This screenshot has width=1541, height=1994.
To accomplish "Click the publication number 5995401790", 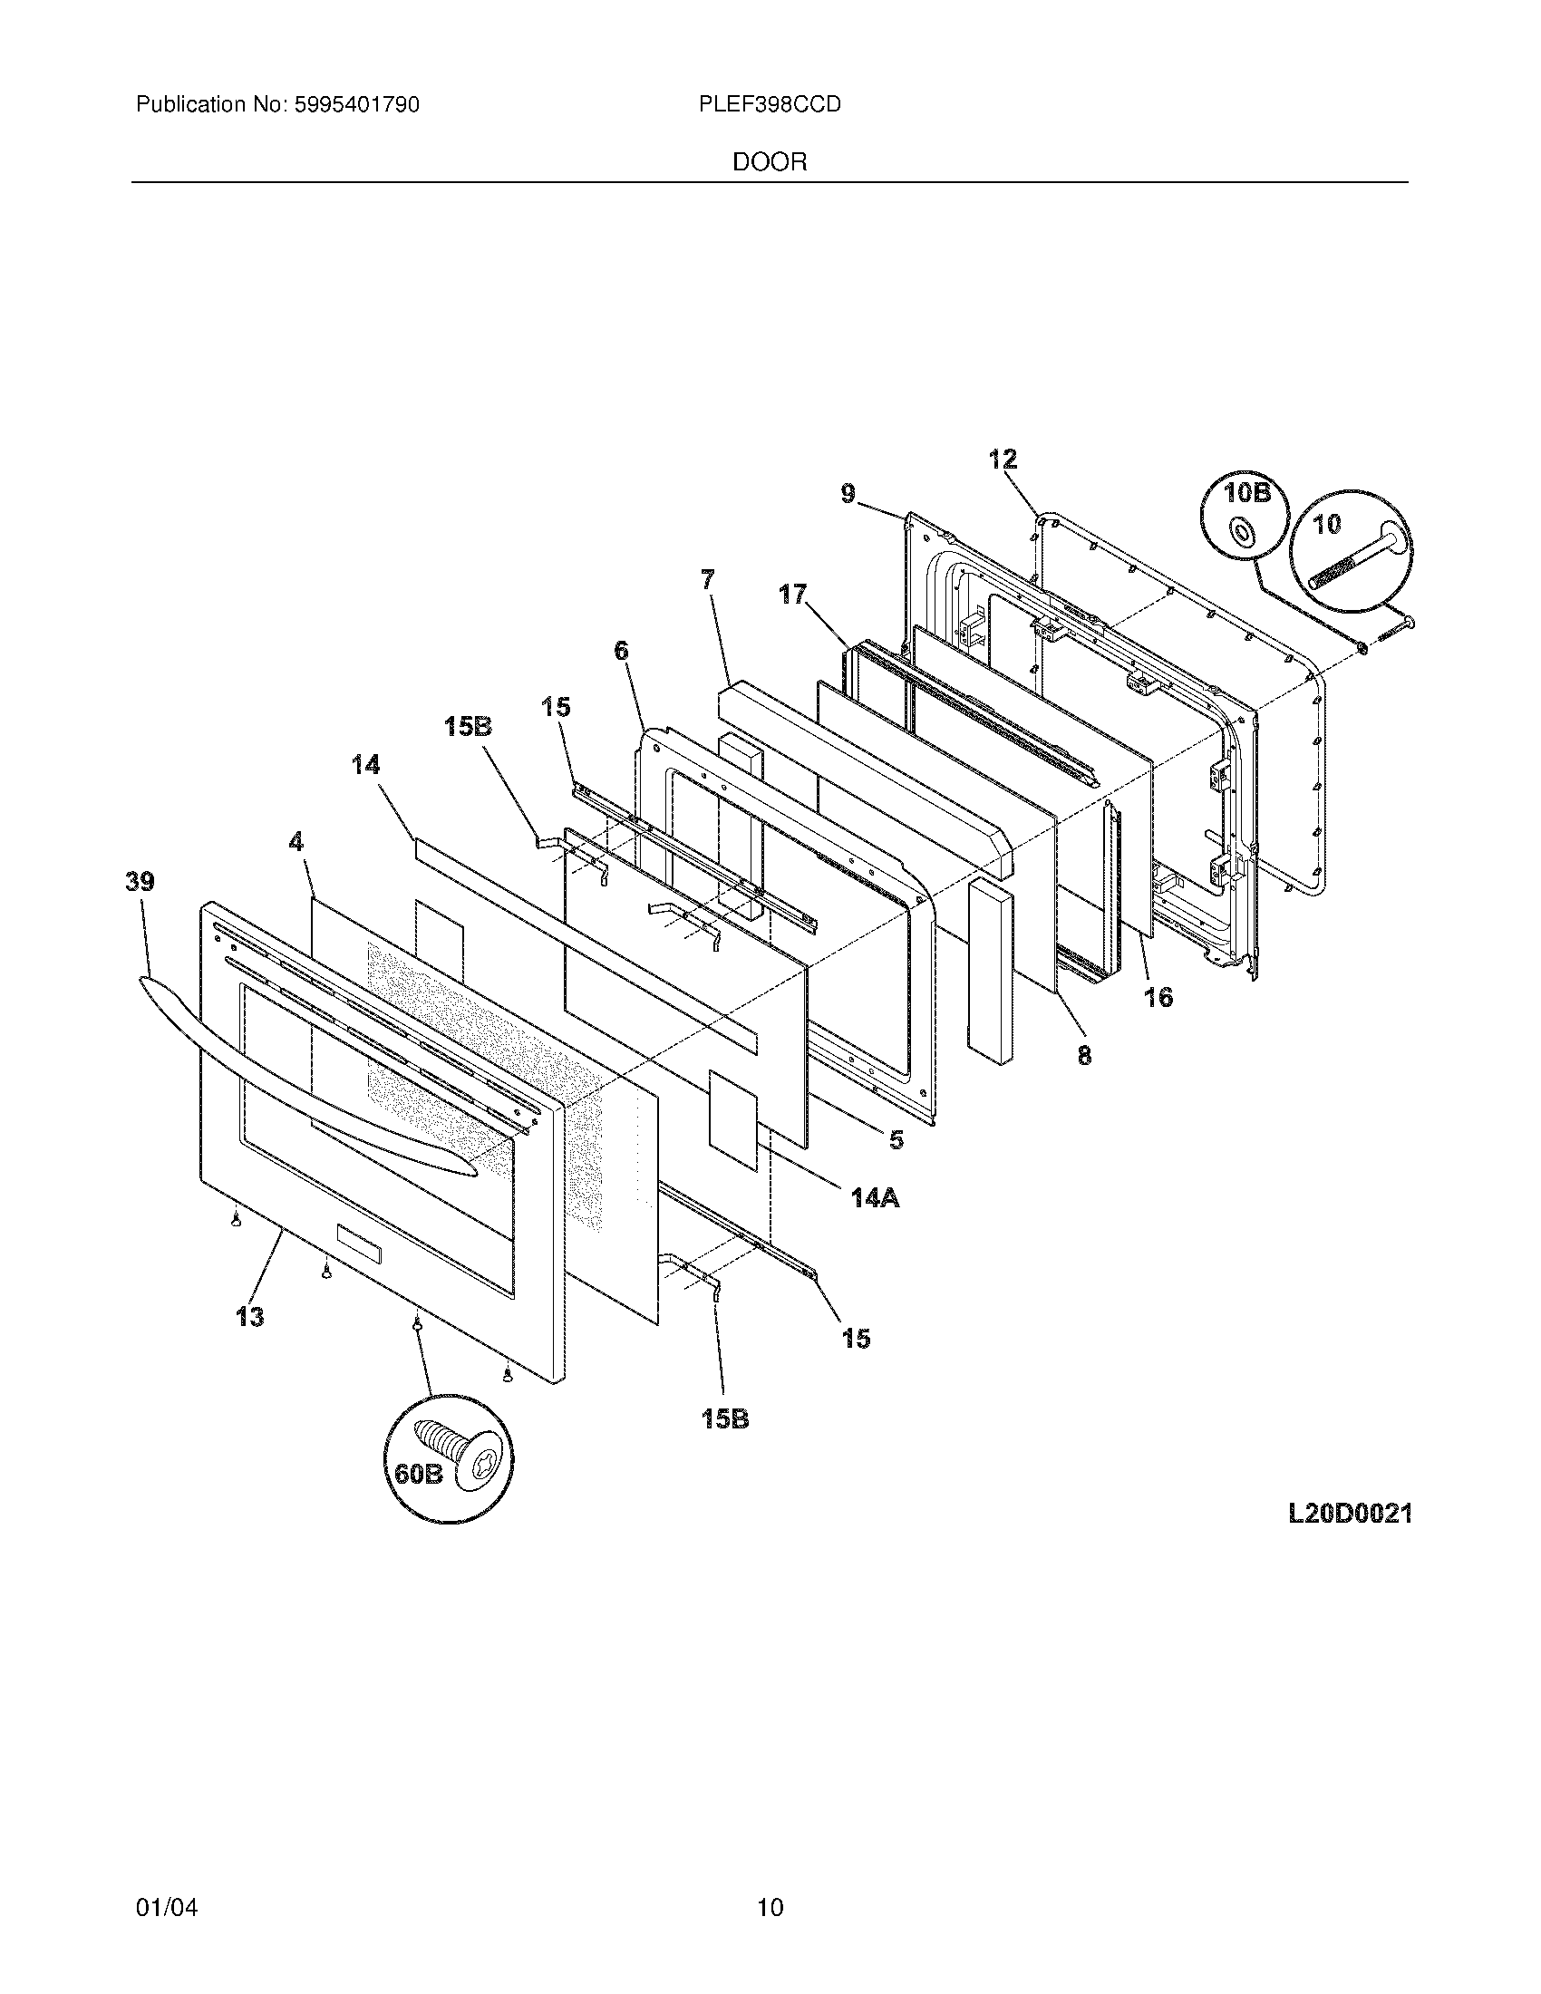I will coord(357,105).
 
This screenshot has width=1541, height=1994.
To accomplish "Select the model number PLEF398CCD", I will coord(770,105).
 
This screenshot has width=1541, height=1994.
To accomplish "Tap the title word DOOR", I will coord(770,162).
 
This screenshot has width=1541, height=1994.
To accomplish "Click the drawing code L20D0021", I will coord(1351,1513).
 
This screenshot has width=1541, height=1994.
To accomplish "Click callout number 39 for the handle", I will coord(140,882).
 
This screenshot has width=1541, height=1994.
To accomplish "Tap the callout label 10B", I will coord(1246,493).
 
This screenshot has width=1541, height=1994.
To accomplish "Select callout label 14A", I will coord(875,1197).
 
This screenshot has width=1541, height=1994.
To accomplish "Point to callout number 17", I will coord(792,595).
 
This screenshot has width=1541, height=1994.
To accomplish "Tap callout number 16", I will coord(1158,997).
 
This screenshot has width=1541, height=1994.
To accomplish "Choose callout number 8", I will coord(1083,1055).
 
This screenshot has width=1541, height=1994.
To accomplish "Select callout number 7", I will coord(708,579).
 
